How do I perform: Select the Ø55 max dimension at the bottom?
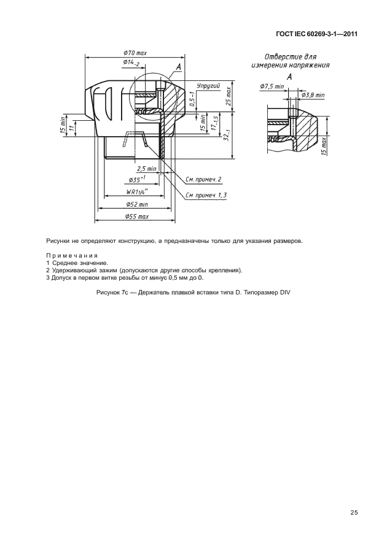(x=136, y=217)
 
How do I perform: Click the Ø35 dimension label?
(x=137, y=180)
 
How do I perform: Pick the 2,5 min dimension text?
(x=146, y=168)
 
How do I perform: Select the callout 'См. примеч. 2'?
(x=203, y=179)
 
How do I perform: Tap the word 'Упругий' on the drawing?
(x=209, y=87)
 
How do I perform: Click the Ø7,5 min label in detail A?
(x=272, y=86)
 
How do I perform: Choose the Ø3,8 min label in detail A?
(x=313, y=95)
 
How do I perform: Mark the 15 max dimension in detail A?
(x=323, y=145)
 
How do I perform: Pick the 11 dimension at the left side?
(x=72, y=128)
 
